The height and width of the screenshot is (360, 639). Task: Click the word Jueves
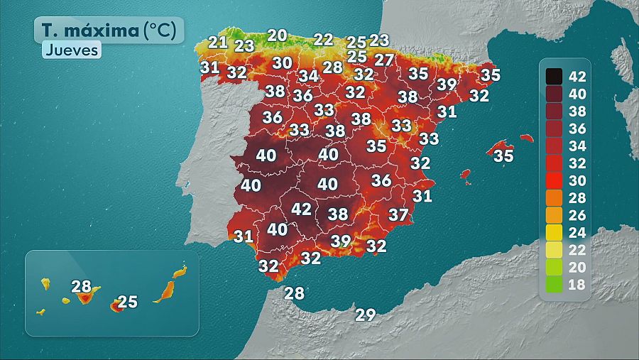tap(71, 50)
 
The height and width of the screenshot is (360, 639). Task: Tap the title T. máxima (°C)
tap(109, 31)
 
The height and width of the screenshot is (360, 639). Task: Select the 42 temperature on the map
tap(301, 209)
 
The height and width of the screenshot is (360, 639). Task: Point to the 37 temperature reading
tap(398, 214)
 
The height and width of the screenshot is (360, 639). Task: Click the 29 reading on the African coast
tap(365, 315)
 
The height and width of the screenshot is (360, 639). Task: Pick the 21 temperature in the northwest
tap(218, 42)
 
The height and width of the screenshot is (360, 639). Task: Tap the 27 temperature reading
tap(383, 60)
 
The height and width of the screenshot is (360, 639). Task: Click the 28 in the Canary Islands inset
tap(82, 287)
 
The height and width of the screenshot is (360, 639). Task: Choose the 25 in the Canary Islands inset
tap(127, 302)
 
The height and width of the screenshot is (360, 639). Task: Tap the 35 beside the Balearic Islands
tap(503, 155)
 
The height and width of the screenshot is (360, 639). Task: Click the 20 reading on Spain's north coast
tap(277, 35)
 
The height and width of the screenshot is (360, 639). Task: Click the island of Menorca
tap(525, 138)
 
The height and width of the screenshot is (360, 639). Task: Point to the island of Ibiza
tap(466, 174)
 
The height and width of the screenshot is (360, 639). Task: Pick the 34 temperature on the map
tap(308, 76)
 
